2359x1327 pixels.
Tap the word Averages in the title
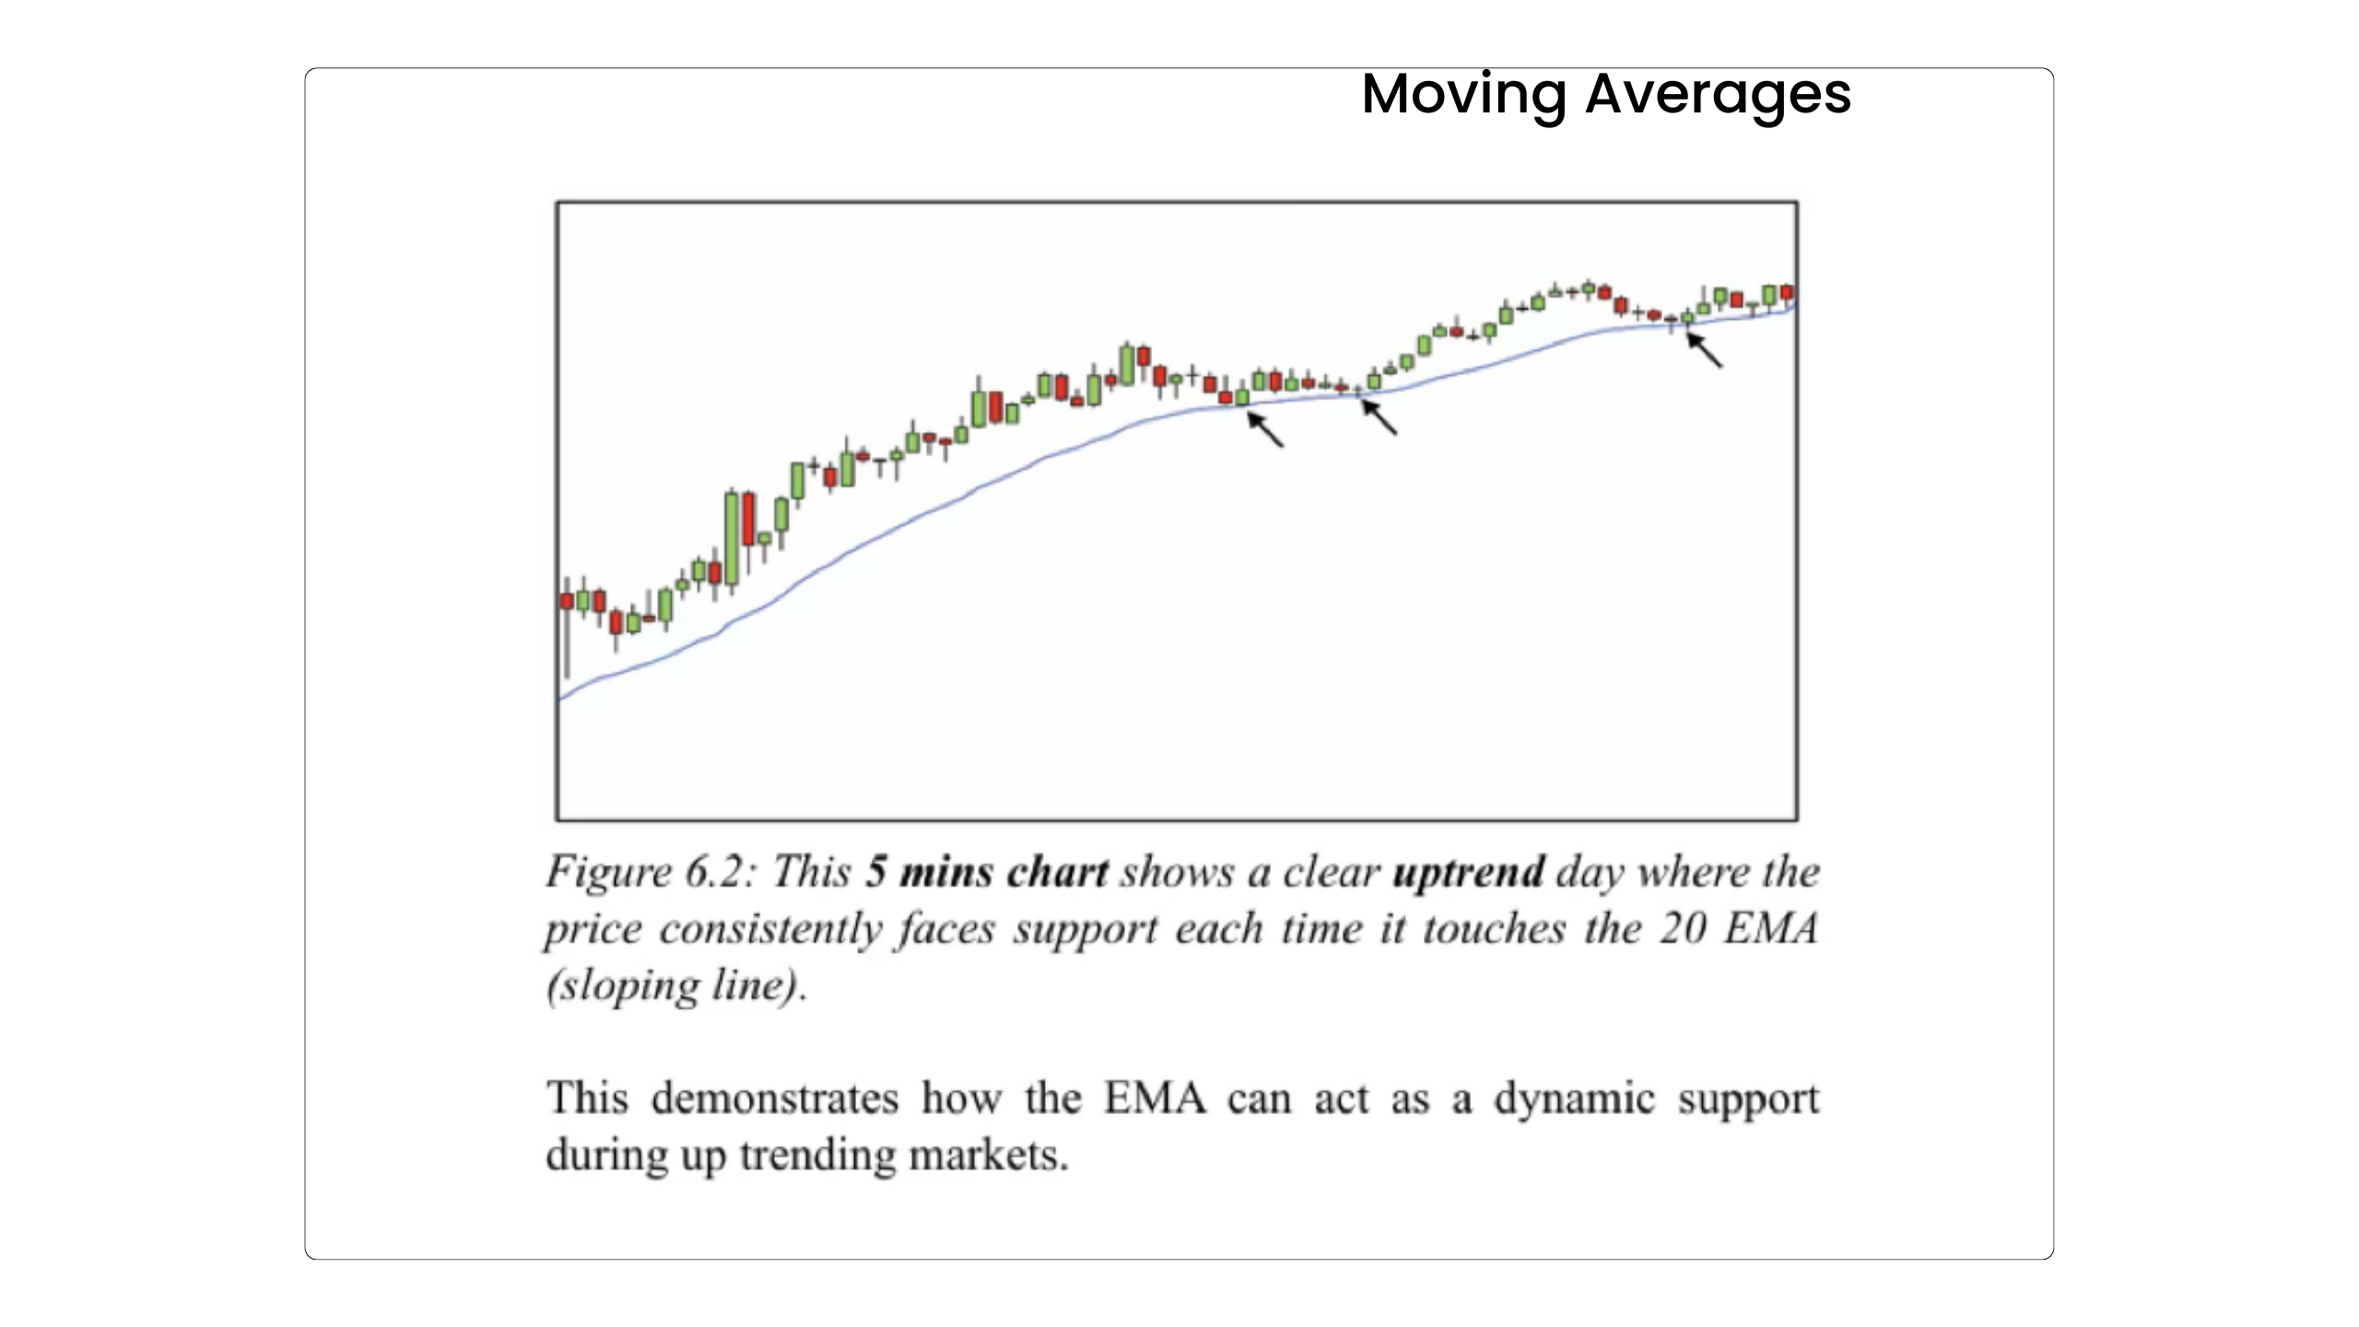tap(1718, 93)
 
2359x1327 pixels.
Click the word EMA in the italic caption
tap(1771, 928)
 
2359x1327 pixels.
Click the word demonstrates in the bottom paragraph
tap(774, 1098)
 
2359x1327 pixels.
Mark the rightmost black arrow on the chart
tap(1704, 349)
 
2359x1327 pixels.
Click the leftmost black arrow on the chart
tap(1265, 429)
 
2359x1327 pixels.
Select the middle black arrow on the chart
tap(1379, 416)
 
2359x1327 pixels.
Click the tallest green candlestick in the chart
tap(732, 539)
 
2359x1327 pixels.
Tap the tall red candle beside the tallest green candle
tap(748, 519)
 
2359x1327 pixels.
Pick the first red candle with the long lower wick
tap(567, 601)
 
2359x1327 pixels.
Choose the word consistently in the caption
tap(770, 930)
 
